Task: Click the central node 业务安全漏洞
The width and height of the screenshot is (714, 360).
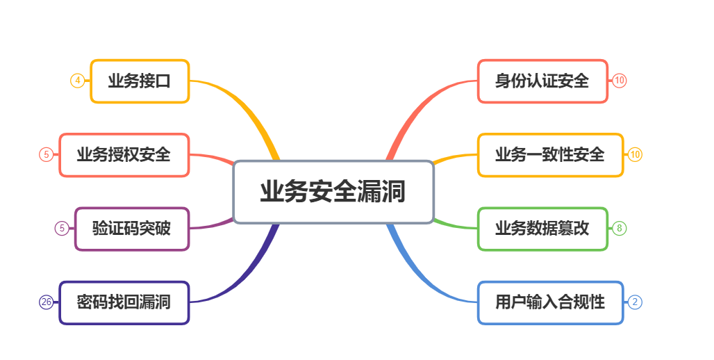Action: click(333, 192)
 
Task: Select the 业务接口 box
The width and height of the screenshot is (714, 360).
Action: click(140, 81)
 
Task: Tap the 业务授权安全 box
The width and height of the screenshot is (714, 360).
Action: click(124, 155)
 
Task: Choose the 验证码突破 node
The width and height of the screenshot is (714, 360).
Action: click(131, 229)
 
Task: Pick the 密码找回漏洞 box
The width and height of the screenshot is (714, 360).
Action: click(124, 302)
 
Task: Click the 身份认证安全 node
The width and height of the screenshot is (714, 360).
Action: click(542, 81)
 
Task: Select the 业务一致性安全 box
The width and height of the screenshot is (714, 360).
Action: click(550, 155)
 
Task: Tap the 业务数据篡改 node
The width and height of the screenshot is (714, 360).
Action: click(542, 229)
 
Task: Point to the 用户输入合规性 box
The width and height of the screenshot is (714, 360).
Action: click(550, 302)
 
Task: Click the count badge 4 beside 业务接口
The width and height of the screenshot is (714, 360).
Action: click(78, 81)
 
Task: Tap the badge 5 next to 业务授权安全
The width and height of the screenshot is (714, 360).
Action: click(46, 155)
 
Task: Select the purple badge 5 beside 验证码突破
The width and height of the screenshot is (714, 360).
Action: click(62, 229)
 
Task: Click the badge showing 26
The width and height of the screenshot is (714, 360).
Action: click(46, 302)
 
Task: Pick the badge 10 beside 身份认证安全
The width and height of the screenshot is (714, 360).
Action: click(620, 81)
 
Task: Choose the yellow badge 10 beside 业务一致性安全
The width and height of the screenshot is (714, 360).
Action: click(635, 155)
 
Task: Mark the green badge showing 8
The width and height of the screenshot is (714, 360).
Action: click(620, 229)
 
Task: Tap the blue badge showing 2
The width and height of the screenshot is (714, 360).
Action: click(635, 302)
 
